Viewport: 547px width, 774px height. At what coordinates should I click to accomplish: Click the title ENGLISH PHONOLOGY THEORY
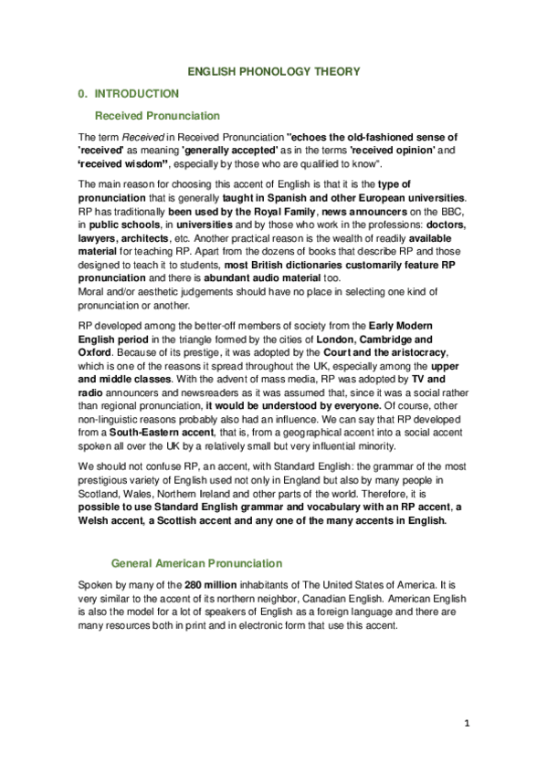tap(273, 71)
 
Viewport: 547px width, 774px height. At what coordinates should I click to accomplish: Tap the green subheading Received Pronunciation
tap(157, 116)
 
